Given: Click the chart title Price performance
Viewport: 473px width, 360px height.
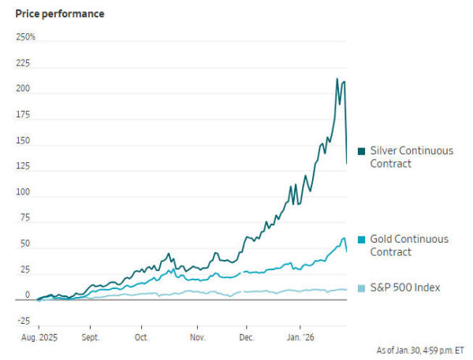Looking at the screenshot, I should coord(60,13).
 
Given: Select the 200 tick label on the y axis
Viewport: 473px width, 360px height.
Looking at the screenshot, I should coord(24,88).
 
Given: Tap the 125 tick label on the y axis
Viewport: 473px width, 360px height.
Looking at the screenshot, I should coord(24,166).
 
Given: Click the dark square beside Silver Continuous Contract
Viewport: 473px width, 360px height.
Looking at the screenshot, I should coord(361,150).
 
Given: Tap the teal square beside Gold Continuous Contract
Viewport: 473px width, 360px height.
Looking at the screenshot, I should coord(361,239).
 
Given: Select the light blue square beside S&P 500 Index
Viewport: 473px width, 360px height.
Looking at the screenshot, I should coord(361,288).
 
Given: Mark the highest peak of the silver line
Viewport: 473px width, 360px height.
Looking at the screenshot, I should coord(337,79).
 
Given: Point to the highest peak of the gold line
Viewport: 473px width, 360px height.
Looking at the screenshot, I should coord(344,238).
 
